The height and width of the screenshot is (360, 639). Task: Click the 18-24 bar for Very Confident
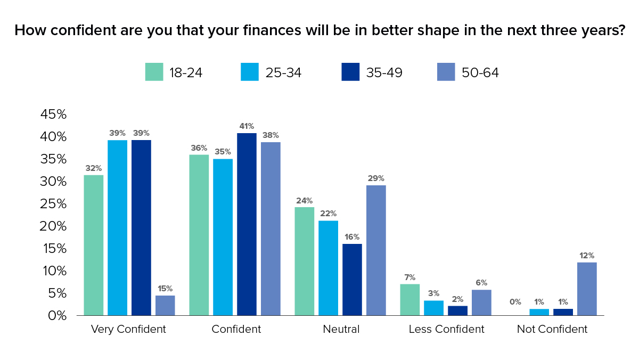pyautogui.click(x=94, y=245)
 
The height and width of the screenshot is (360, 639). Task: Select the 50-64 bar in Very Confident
pyautogui.click(x=165, y=305)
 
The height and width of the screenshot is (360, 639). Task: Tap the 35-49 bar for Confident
pyautogui.click(x=247, y=224)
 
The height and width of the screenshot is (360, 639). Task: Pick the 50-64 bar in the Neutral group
pyautogui.click(x=376, y=250)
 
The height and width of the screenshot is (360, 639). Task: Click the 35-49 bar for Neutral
pyautogui.click(x=352, y=280)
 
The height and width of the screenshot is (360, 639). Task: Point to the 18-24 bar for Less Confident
pyautogui.click(x=409, y=300)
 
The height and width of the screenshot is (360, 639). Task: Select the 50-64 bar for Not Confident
pyautogui.click(x=587, y=289)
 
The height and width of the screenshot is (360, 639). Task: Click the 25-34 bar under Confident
pyautogui.click(x=223, y=237)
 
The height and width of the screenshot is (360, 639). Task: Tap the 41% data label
pyautogui.click(x=247, y=127)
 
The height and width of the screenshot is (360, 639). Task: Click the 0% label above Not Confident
pyautogui.click(x=515, y=302)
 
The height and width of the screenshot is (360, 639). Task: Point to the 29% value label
pyautogui.click(x=376, y=178)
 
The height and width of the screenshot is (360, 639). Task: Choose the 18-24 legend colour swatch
pyautogui.click(x=154, y=72)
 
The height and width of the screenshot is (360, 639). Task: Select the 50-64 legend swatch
pyautogui.click(x=446, y=72)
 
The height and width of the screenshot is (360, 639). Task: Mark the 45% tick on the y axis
pyautogui.click(x=53, y=114)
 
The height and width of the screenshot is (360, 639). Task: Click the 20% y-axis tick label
pyautogui.click(x=53, y=226)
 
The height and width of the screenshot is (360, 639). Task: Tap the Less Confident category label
pyautogui.click(x=446, y=329)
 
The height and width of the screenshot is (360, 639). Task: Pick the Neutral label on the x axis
pyautogui.click(x=341, y=329)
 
